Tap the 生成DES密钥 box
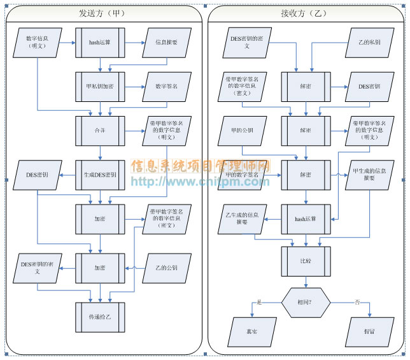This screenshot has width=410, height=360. point(100,175)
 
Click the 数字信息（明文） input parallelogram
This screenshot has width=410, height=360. point(38,42)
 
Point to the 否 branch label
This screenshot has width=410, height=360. point(357,303)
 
